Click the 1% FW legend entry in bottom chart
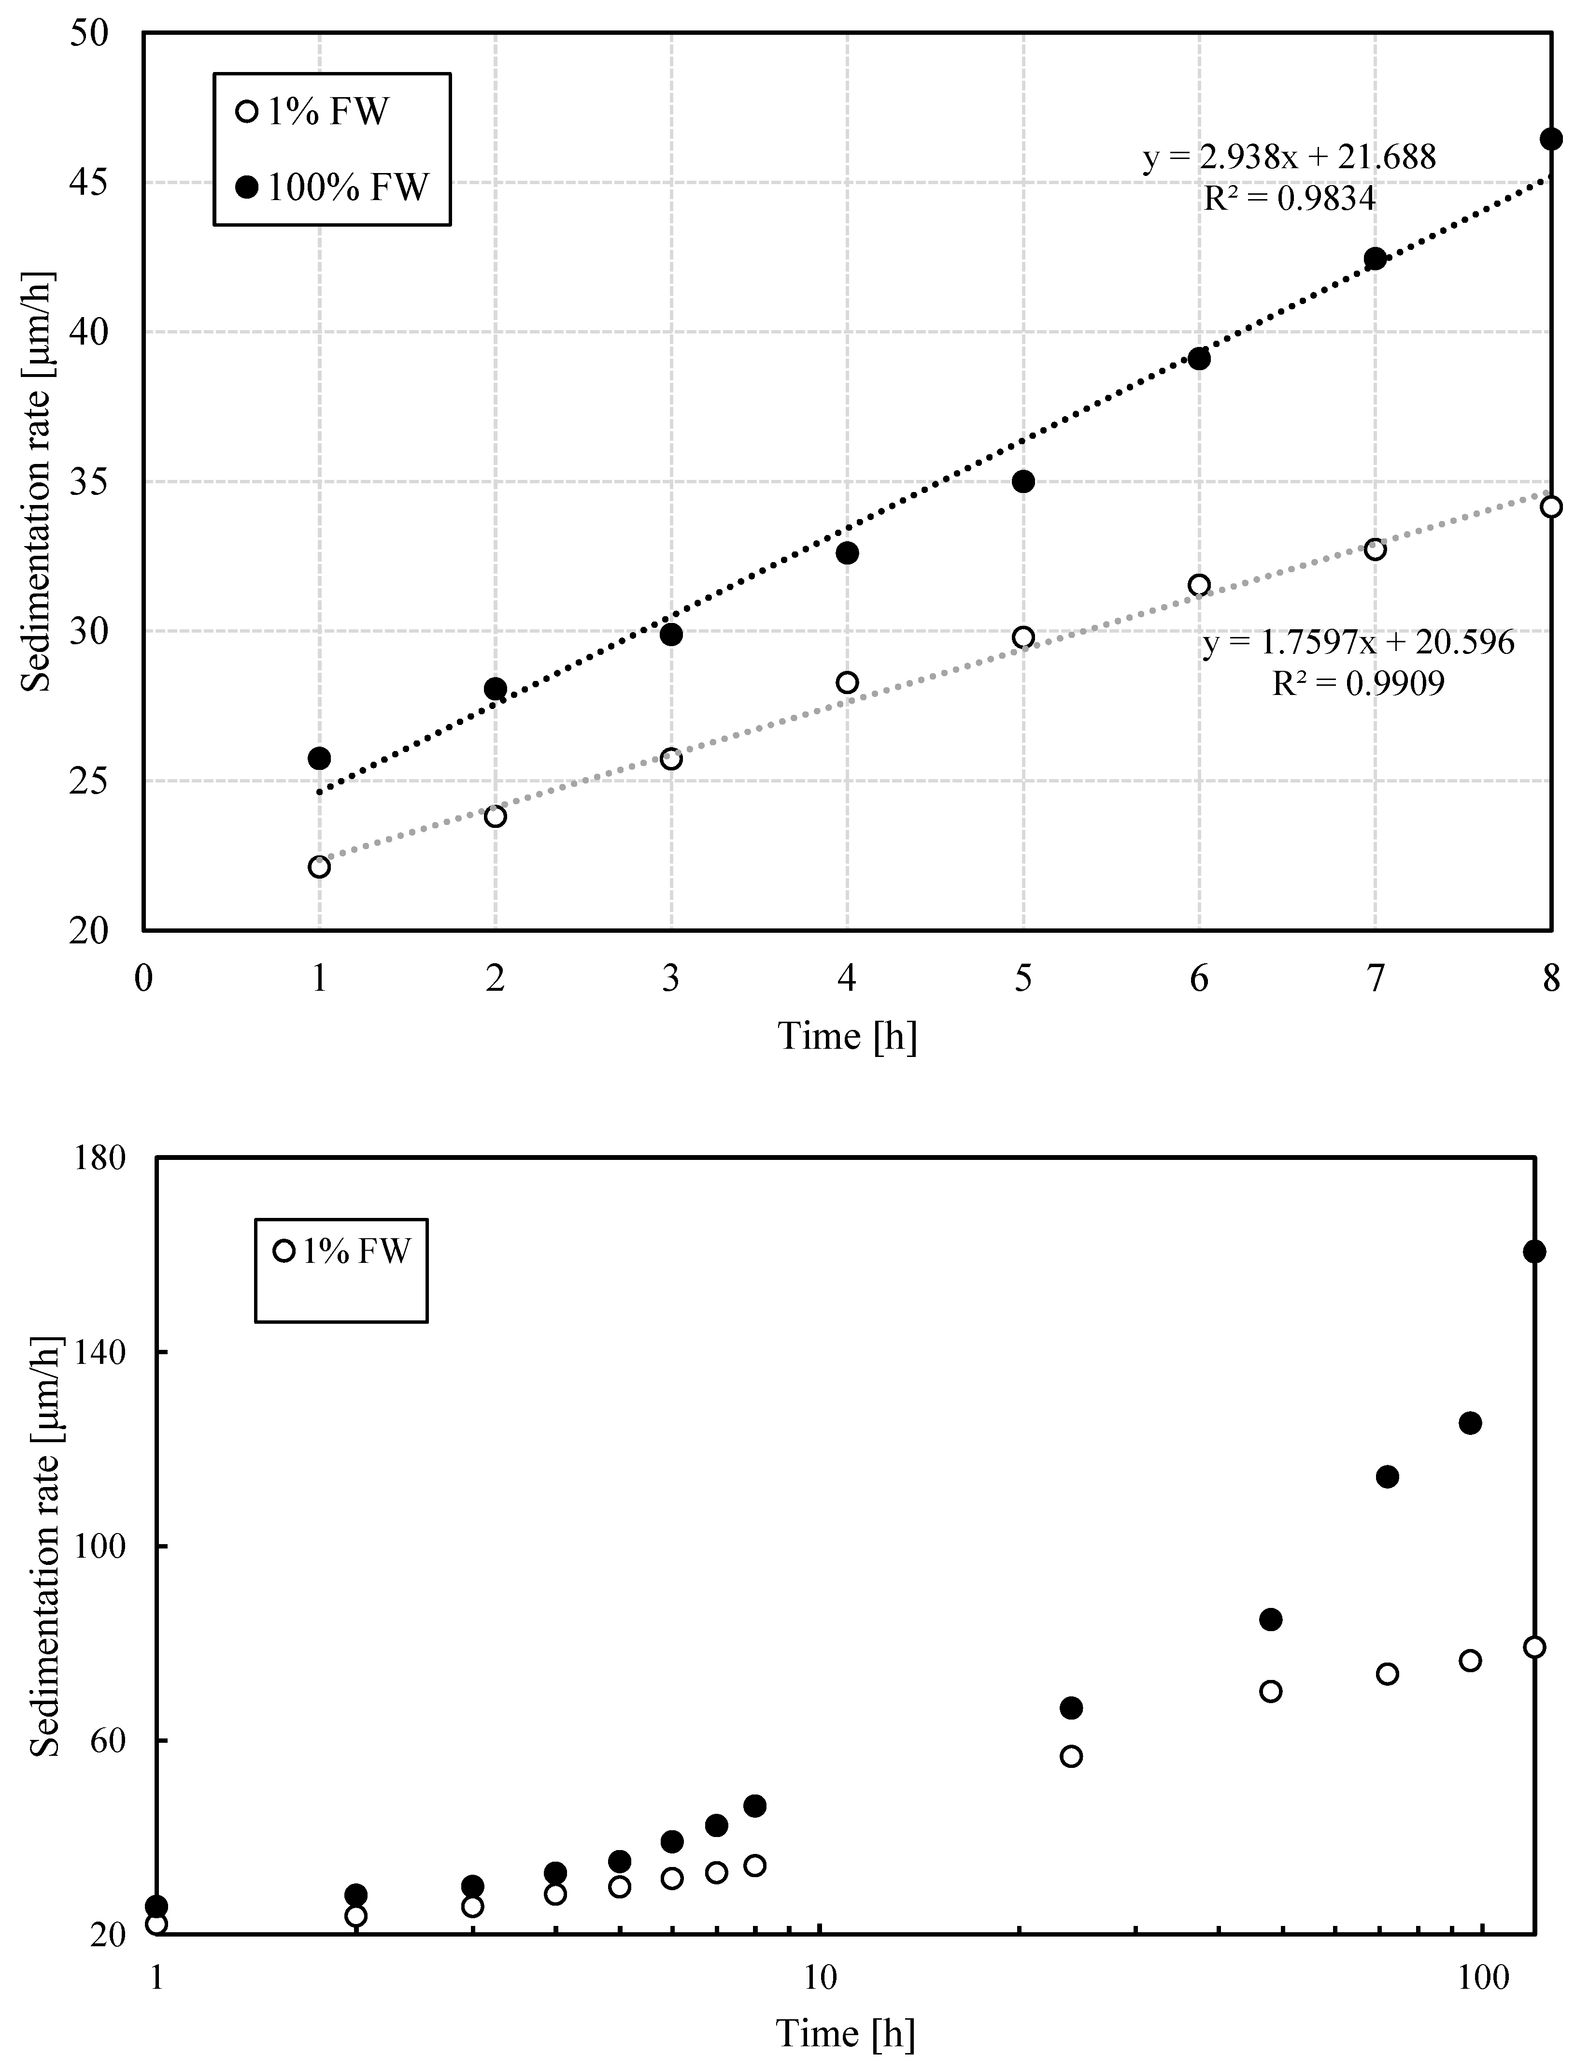[342, 1251]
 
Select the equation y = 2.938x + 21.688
[1289, 157]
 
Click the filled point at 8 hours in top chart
[1551, 139]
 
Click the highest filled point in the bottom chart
[1534, 1251]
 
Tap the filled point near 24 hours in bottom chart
[1071, 1708]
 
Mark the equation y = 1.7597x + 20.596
[1358, 642]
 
